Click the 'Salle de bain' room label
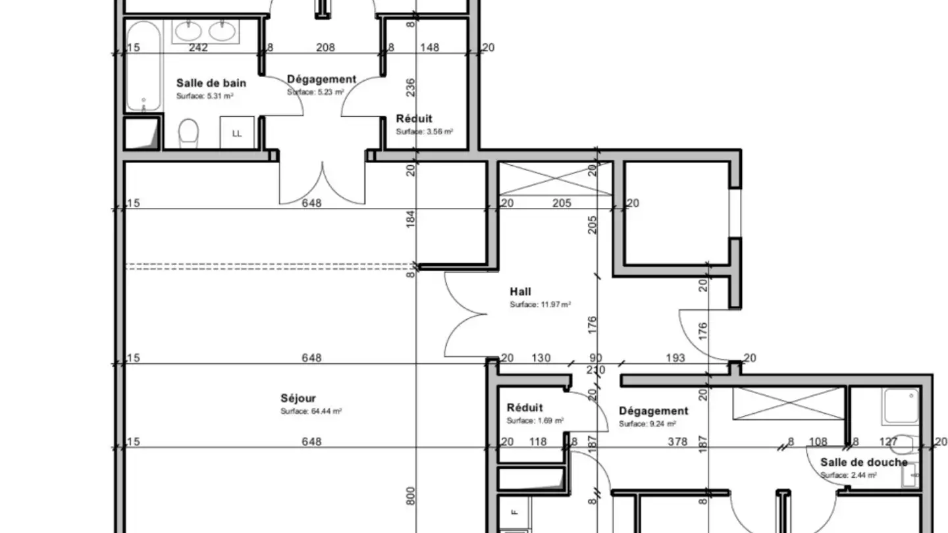[211, 83]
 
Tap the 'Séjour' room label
[298, 398]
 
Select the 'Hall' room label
[521, 292]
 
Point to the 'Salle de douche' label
[864, 463]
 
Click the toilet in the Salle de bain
[188, 132]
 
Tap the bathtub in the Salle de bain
[144, 66]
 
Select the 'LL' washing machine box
[237, 132]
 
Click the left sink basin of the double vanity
[188, 31]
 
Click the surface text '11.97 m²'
[556, 305]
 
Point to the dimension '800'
[411, 495]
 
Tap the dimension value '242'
[198, 47]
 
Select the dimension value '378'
[677, 442]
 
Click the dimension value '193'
[675, 358]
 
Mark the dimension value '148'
[429, 47]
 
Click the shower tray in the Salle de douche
[901, 406]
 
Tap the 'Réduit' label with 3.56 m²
[414, 118]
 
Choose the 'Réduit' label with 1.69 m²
[525, 408]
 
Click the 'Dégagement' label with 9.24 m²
[654, 411]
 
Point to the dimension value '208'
[325, 47]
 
